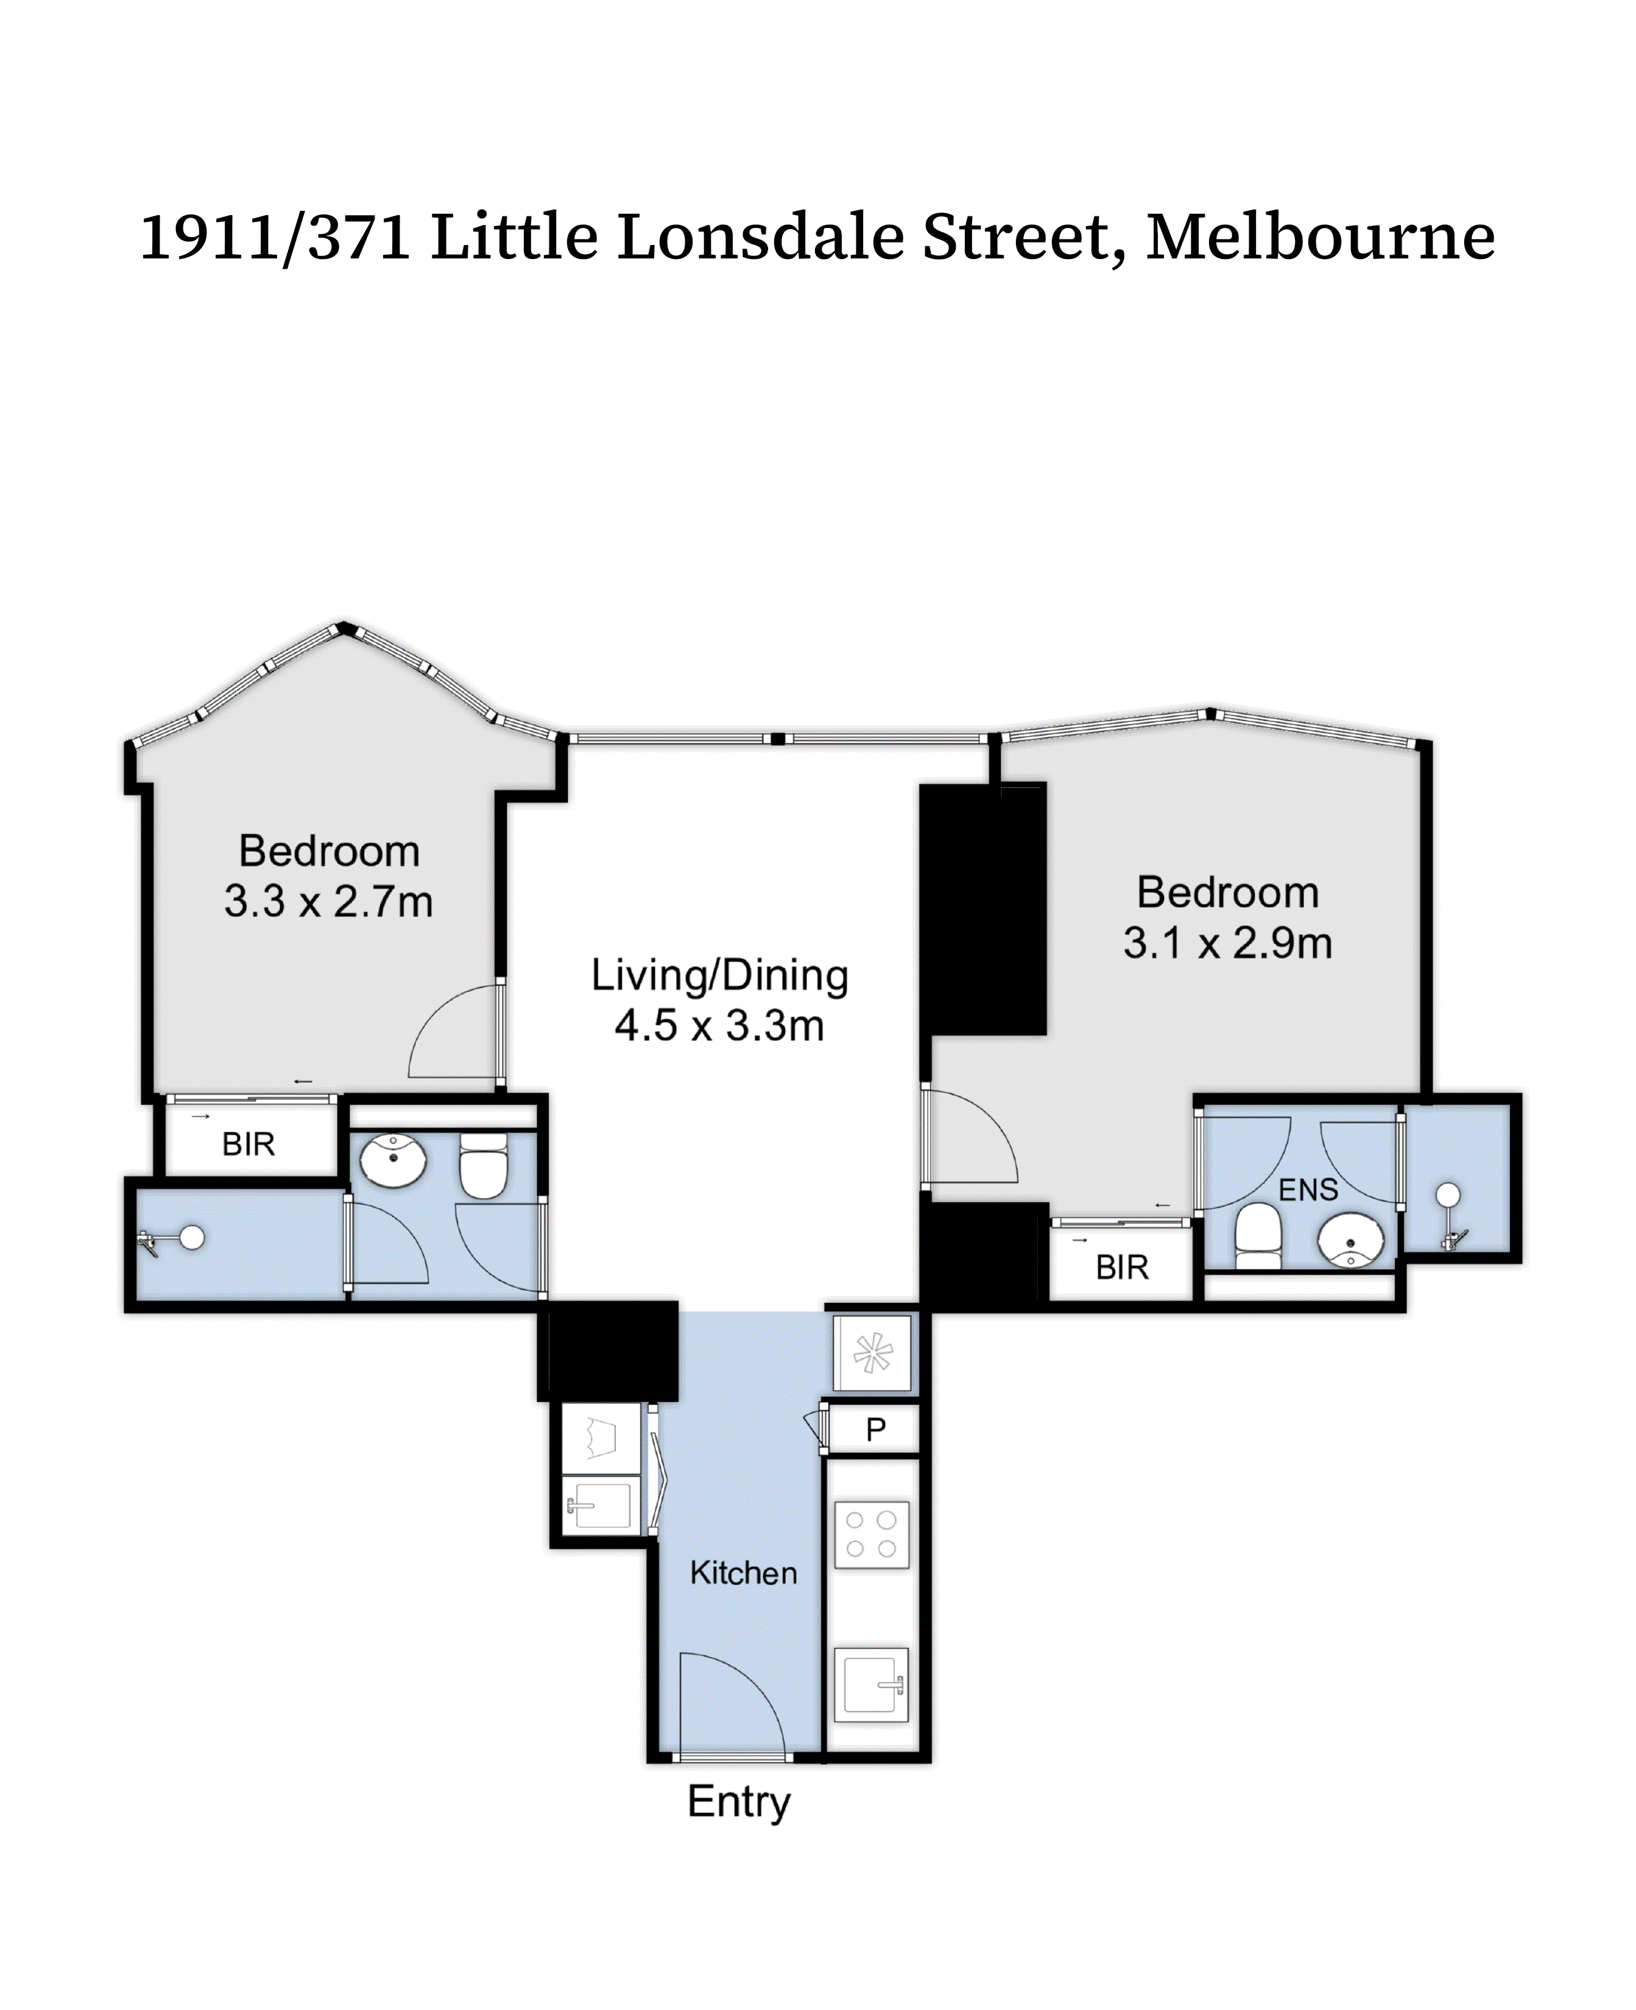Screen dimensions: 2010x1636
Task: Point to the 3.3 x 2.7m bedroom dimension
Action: (x=328, y=901)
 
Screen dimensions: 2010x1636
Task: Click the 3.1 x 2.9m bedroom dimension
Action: (x=1227, y=943)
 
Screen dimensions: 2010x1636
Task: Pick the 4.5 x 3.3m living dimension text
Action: (x=719, y=1026)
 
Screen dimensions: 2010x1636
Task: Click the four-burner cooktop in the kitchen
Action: (x=872, y=1535)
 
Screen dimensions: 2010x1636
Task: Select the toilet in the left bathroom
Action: (x=484, y=1167)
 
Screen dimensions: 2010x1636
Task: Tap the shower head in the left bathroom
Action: (x=191, y=1237)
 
